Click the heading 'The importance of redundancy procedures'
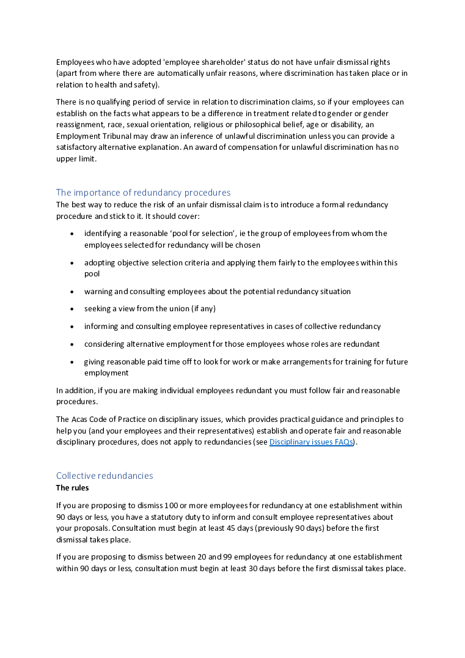pyautogui.click(x=143, y=193)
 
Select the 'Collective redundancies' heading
pyautogui.click(x=104, y=476)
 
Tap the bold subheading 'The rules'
pyautogui.click(x=72, y=488)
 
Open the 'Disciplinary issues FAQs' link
pyautogui.click(x=311, y=442)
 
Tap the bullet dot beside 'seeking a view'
pyautogui.click(x=72, y=309)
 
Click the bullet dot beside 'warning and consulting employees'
pyautogui.click(x=72, y=292)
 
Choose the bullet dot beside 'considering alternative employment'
pyautogui.click(x=72, y=344)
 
